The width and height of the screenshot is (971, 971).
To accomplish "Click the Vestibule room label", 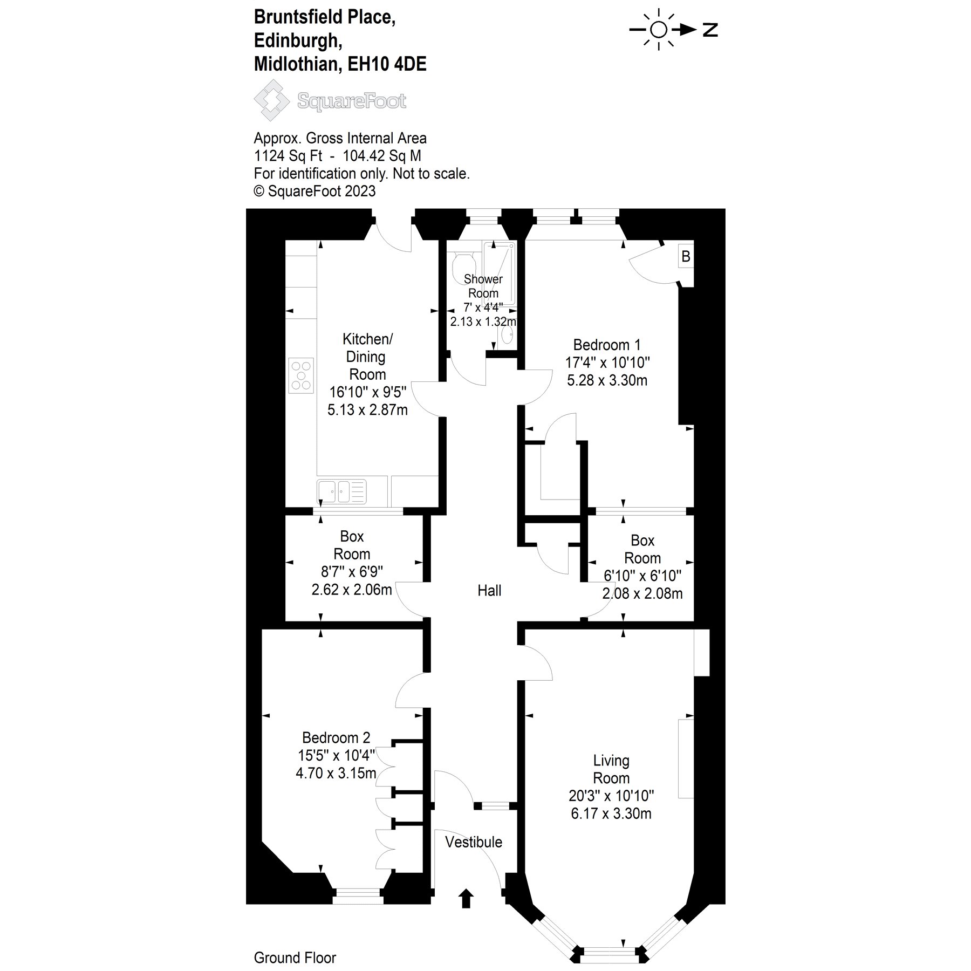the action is [x=473, y=842].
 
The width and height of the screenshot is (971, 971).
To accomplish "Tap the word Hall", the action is [x=489, y=591].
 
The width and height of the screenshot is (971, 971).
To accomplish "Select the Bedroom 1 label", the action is [x=607, y=345].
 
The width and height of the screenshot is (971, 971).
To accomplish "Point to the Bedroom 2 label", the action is [x=336, y=737].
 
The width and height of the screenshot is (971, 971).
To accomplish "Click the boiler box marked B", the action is [x=686, y=256].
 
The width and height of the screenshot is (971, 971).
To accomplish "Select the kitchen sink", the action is [x=341, y=491].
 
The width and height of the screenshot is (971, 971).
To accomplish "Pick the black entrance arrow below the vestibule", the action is [x=466, y=899].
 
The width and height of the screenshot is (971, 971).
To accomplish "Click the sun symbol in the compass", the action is [x=659, y=30].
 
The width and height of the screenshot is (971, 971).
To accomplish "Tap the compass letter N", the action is [x=710, y=30].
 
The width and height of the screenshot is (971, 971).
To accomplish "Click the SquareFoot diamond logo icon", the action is [x=273, y=100].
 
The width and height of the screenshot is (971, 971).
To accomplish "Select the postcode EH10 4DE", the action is [x=387, y=64].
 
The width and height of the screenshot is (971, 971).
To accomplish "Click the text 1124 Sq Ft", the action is [x=288, y=156].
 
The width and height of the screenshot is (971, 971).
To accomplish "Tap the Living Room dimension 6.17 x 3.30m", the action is [x=611, y=813].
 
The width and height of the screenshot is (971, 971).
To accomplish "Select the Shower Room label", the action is [x=483, y=286].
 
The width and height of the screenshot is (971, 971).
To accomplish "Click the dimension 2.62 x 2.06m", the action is [x=352, y=590].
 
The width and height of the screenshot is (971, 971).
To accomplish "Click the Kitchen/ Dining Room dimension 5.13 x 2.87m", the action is [x=367, y=410].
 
